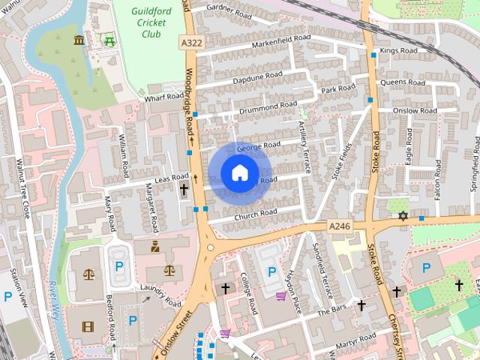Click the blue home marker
coord(239,173)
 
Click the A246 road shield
coord(340,225)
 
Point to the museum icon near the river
coord(79,40)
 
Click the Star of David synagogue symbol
coord(403,216)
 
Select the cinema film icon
coord(89,326)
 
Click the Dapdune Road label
coord(257,77)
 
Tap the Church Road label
coord(256,214)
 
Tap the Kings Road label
coord(397,51)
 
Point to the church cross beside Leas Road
coord(184,190)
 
